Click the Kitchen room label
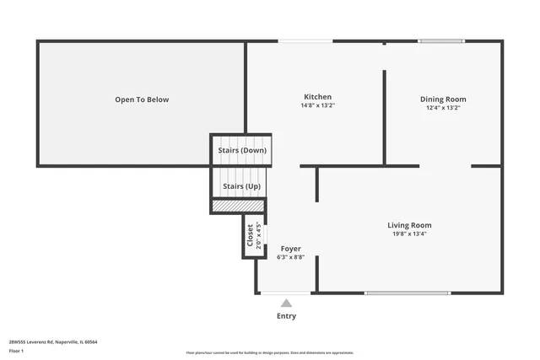(317, 97)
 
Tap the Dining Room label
(443, 99)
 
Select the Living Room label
(409, 225)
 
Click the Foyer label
(290, 249)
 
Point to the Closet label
(250, 236)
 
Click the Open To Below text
(142, 99)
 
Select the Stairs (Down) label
(242, 150)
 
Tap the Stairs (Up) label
(240, 185)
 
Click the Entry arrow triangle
(287, 304)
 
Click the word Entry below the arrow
(287, 316)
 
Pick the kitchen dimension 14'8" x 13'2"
(317, 106)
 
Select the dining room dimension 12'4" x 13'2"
(443, 108)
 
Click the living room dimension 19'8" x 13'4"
(409, 234)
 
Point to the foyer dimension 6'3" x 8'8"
(290, 257)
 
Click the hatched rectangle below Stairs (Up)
(238, 205)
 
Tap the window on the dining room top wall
(441, 40)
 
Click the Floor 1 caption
(17, 349)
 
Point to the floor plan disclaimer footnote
(270, 352)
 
